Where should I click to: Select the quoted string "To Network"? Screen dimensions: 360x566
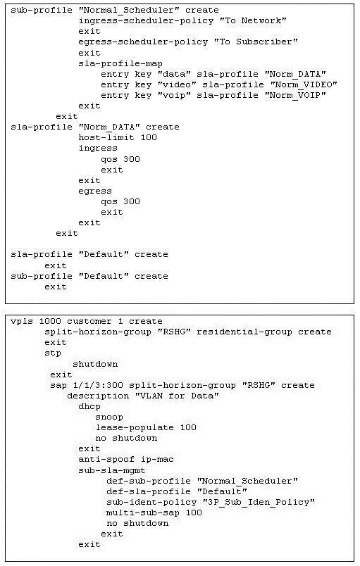click(253, 20)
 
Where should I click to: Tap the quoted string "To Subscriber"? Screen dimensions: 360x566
click(256, 42)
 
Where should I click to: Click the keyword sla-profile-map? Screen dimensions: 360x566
click(120, 64)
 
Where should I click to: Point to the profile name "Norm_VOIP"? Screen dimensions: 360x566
click(295, 95)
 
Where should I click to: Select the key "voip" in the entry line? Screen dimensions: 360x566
click(174, 95)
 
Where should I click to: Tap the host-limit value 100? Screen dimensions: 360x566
click(149, 137)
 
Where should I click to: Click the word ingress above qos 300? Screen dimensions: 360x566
click(98, 149)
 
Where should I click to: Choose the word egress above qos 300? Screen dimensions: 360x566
click(95, 191)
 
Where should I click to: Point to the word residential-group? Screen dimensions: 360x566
click(244, 332)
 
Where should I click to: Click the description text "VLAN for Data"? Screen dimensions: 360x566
click(177, 396)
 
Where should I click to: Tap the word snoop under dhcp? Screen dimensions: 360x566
click(109, 417)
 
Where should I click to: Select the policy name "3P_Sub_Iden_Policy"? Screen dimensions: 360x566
click(259, 503)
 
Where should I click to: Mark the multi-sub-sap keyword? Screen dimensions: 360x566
click(143, 513)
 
